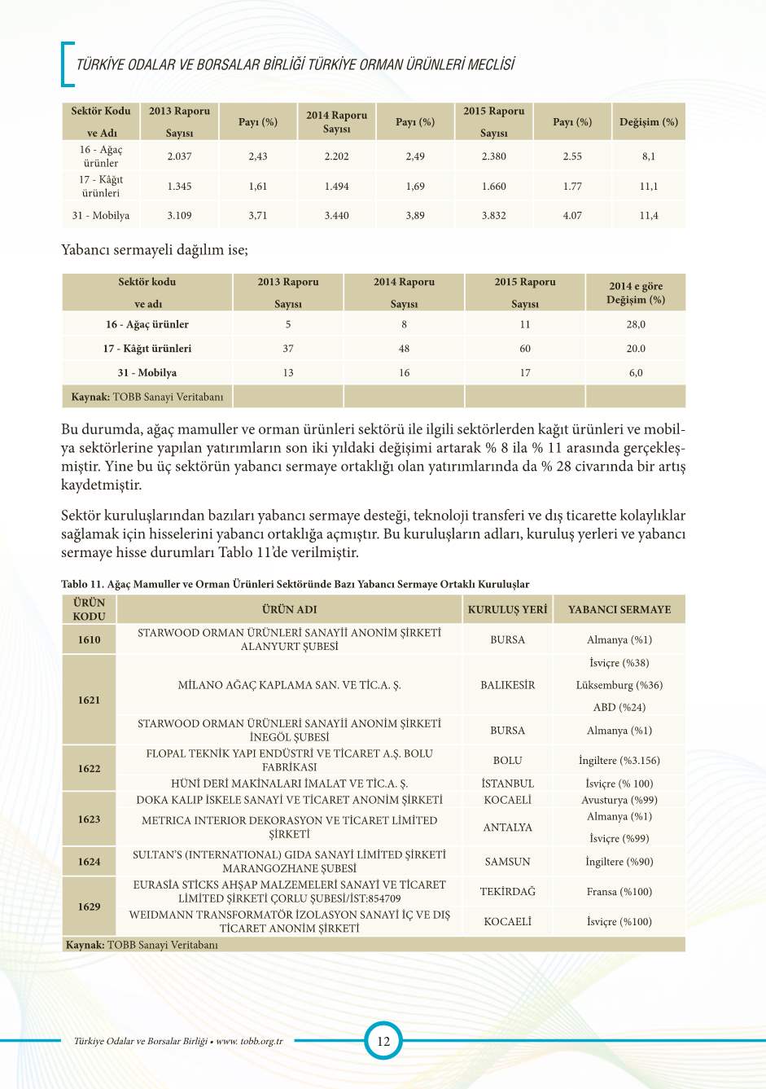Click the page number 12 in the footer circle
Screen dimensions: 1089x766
pos(383,1040)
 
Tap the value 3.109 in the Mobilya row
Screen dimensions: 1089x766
pos(179,216)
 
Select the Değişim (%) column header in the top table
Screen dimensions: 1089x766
pos(648,122)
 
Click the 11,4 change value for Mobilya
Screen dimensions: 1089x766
pos(648,216)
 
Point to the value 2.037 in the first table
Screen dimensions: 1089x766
pos(179,156)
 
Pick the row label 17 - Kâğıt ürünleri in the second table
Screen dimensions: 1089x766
pos(147,349)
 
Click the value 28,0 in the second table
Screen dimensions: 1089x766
pos(636,324)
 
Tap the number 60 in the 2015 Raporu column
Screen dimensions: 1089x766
pos(525,349)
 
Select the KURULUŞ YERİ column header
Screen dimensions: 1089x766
pos(507,609)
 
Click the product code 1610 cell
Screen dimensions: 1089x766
pos(90,639)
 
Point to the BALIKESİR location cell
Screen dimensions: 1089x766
pos(507,685)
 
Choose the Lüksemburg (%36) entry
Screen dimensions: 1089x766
pos(619,685)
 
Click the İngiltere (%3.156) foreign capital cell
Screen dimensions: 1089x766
pos(619,760)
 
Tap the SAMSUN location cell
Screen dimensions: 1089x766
pos(507,862)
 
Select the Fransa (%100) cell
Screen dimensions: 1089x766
pos(619,892)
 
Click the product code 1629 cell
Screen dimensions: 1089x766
pos(90,907)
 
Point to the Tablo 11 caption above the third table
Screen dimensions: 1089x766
pos(295,584)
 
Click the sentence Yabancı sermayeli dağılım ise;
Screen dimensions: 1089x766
pos(155,250)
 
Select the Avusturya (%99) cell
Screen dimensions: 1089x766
pos(619,800)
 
